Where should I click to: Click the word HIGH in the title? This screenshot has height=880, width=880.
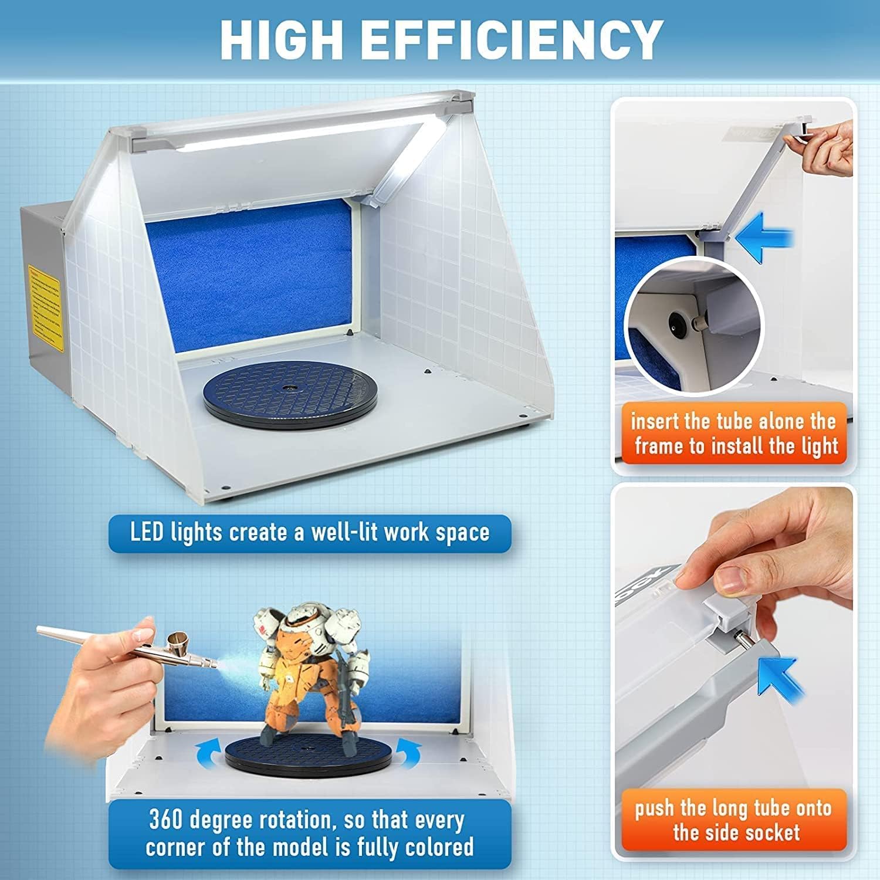pos(281,39)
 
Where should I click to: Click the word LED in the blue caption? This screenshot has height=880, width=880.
pos(146,533)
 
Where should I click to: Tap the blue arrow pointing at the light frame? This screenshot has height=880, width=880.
pos(763,239)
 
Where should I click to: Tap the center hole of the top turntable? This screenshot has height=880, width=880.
pos(288,388)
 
